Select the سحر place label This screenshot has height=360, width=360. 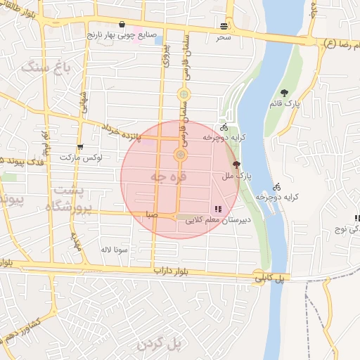[224, 36]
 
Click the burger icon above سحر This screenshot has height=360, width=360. [224, 25]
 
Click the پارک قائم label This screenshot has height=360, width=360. [287, 103]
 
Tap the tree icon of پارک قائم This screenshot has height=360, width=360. [284, 93]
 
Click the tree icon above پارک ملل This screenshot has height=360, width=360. [236, 164]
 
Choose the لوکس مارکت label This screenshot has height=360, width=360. [81, 157]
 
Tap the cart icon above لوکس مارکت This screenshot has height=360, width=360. [80, 148]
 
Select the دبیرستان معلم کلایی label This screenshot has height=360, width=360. [218, 220]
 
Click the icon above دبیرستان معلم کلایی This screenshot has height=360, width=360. [217, 209]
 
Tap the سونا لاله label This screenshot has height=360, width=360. [113, 250]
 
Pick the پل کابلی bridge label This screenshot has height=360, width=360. [270, 278]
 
